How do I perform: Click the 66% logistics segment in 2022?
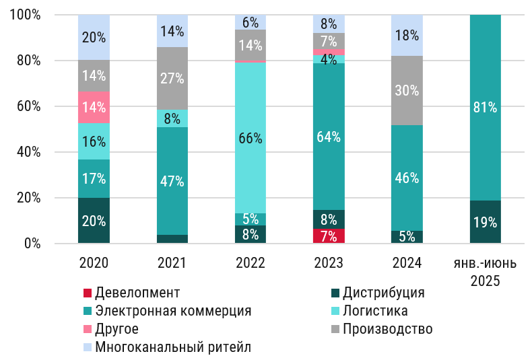click(x=251, y=138)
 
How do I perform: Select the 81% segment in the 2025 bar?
click(x=485, y=107)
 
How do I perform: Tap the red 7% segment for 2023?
click(x=329, y=236)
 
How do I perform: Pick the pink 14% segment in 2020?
click(x=94, y=107)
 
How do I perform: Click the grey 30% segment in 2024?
click(x=407, y=90)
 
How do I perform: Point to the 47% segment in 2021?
click(x=172, y=180)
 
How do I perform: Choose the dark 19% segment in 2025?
click(x=485, y=222)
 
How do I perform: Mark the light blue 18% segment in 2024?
click(x=407, y=35)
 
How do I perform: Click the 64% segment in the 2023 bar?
click(x=329, y=137)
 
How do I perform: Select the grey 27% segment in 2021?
click(x=172, y=78)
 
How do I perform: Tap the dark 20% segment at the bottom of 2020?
click(x=94, y=221)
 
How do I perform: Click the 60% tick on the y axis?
click(x=28, y=106)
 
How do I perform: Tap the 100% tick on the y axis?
click(x=25, y=15)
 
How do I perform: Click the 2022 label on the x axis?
click(x=251, y=262)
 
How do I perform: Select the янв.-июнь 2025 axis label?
click(x=485, y=271)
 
